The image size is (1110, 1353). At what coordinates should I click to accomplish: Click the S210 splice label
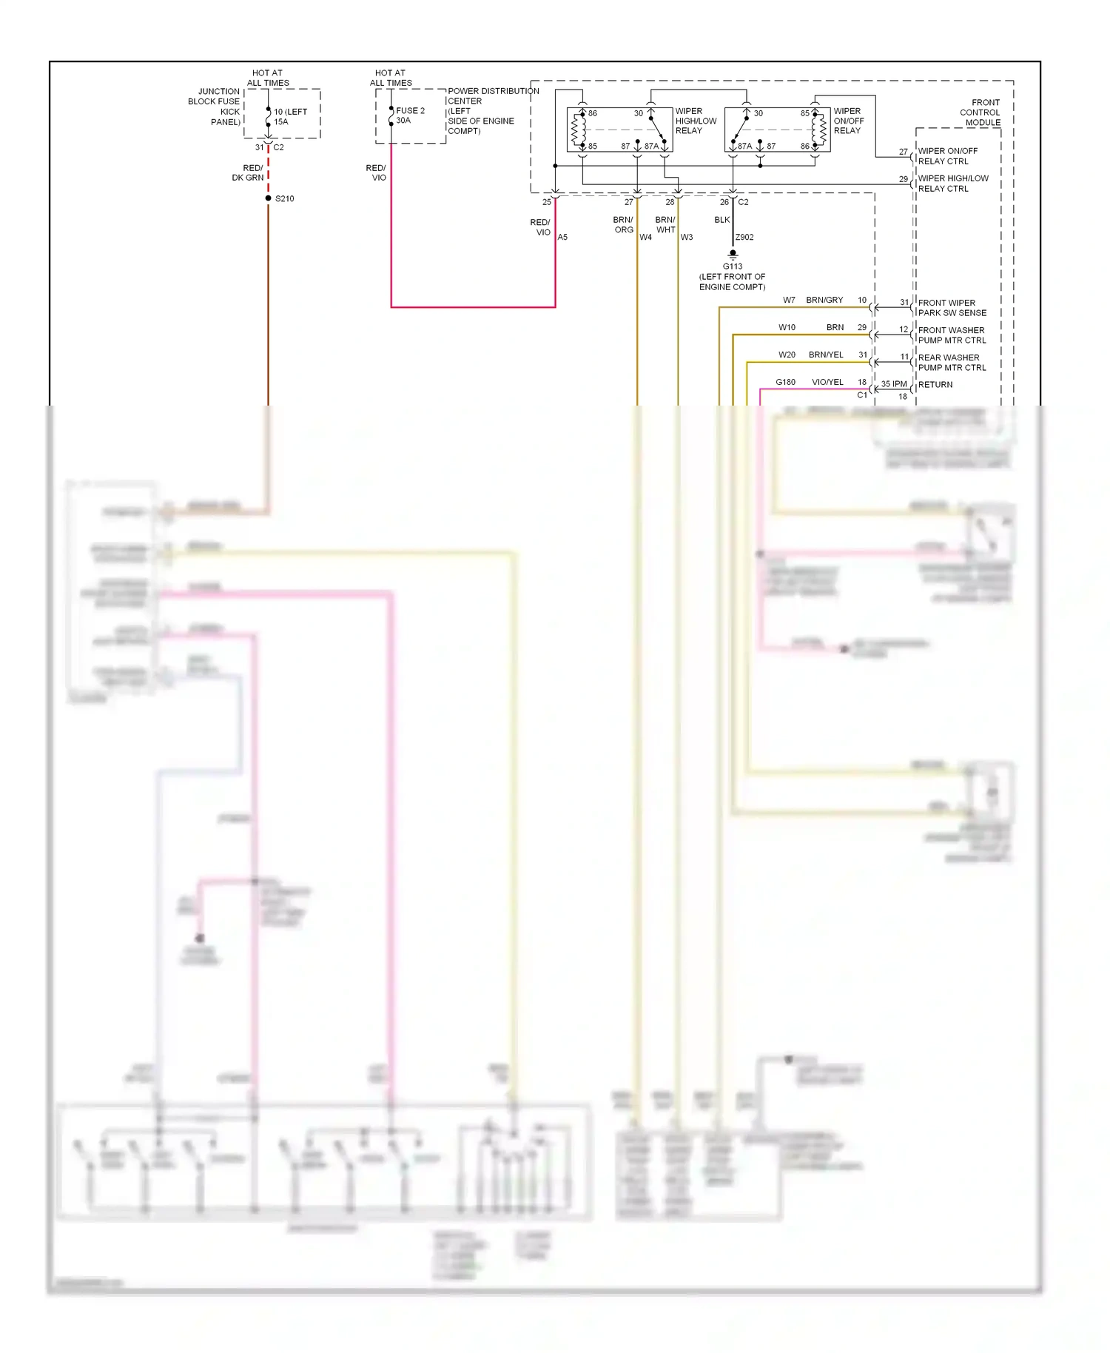tap(284, 198)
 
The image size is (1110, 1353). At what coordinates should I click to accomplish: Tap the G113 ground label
tap(732, 266)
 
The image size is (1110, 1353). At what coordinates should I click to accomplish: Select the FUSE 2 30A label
tap(410, 115)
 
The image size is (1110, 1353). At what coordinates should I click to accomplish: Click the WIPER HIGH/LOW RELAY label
tap(695, 121)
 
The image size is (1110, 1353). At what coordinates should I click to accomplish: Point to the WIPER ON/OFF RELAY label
tap(848, 121)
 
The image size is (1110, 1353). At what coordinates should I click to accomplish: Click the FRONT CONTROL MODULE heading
tap(980, 113)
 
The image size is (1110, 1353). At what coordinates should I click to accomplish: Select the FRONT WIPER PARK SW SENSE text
tap(952, 308)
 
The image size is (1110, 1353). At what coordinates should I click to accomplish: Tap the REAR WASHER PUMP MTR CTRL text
tap(952, 363)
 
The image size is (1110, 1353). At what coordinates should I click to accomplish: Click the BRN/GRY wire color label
tap(824, 301)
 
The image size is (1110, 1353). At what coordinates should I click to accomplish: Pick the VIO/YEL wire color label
tap(827, 383)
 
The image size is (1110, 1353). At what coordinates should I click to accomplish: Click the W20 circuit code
tap(787, 355)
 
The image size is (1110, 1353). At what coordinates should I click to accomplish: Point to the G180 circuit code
tap(785, 383)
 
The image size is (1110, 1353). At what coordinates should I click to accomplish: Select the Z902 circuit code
tap(744, 238)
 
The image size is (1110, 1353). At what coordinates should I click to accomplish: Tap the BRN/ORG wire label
tap(623, 225)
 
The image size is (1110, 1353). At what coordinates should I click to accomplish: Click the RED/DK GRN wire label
tap(248, 173)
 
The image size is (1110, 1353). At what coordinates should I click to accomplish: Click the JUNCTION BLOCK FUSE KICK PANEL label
tap(215, 107)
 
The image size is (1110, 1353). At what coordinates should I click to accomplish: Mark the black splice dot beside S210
tap(268, 198)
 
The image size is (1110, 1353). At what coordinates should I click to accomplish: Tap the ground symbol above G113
tap(733, 254)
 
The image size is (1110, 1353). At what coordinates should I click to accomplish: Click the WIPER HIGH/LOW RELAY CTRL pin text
tap(952, 184)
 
